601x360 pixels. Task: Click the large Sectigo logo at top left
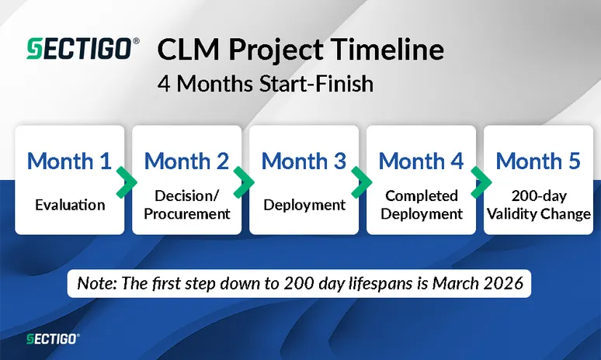[82, 50]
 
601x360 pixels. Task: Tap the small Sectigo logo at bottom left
[51, 338]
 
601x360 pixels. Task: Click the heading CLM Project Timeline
[300, 50]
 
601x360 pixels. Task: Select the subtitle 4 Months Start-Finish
[265, 83]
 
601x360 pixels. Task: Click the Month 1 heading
[69, 161]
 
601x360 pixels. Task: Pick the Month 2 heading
[186, 161]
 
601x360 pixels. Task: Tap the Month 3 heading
[304, 161]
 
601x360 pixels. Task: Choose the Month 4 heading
[421, 161]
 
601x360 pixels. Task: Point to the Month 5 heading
[538, 161]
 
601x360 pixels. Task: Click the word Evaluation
[69, 206]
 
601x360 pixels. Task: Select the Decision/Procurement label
[186, 205]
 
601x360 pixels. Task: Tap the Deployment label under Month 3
[304, 206]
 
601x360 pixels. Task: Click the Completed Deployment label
[421, 205]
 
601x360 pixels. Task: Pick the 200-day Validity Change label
[538, 205]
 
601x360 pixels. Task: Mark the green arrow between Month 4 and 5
[479, 182]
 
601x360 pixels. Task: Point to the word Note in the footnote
[95, 284]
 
